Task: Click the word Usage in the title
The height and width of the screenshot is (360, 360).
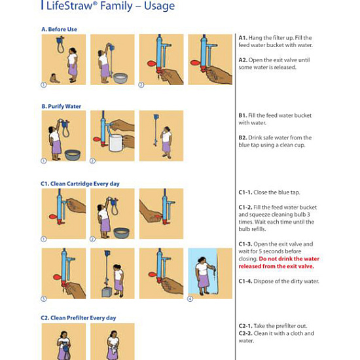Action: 159,6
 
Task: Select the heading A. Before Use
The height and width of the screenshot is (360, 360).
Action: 59,29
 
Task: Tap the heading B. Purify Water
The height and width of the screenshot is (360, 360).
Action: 62,107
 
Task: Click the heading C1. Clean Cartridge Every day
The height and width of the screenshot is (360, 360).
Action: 80,184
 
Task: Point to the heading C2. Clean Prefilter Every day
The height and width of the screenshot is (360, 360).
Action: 79,318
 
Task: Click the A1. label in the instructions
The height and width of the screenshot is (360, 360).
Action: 243,38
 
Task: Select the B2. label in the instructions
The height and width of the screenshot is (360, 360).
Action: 243,137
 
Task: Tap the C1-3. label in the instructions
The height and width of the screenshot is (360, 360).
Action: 245,244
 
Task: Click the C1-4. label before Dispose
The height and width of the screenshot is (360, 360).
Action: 245,281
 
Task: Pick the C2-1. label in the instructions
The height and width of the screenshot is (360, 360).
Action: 245,326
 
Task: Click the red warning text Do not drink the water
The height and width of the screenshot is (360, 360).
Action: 289,259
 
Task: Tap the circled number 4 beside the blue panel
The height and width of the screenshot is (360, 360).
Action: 190,298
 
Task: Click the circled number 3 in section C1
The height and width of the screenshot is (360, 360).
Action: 44,298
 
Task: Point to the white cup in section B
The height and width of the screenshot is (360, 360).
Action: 116,143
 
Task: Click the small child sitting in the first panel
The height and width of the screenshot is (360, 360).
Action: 54,79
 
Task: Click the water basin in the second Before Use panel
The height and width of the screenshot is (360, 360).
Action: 120,78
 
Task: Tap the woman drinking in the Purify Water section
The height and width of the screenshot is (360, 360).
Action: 166,142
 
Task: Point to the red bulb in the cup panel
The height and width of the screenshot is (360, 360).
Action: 97,139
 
